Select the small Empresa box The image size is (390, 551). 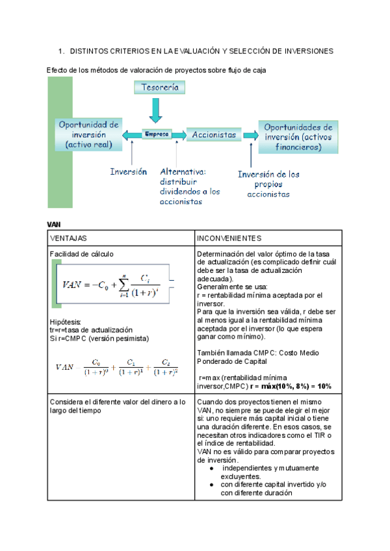point(156,135)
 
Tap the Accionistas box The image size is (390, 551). point(214,135)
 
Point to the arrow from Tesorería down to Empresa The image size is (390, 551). point(155,110)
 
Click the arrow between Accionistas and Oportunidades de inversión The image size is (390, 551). point(249,135)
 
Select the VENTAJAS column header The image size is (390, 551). point(68,238)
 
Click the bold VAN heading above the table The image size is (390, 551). point(54,224)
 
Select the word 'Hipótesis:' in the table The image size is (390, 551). point(66,322)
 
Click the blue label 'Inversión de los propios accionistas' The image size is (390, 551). point(268,184)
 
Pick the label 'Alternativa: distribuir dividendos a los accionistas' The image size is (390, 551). point(190,186)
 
